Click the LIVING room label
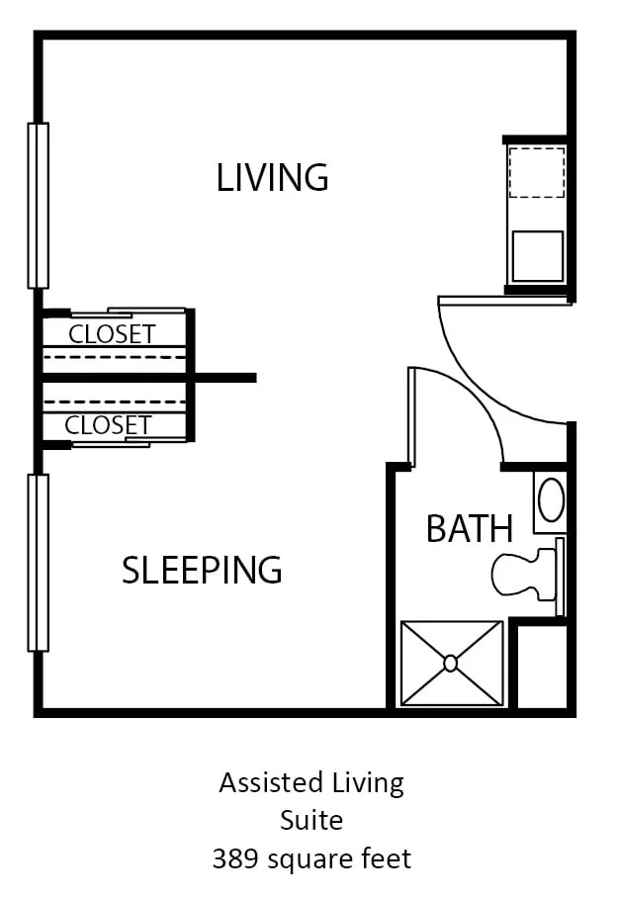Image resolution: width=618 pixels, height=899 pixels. click(272, 177)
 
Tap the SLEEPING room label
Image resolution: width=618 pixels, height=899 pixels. click(202, 570)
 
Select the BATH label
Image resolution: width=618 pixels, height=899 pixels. click(470, 528)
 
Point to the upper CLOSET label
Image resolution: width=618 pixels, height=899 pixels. click(113, 333)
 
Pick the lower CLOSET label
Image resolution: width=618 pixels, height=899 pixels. click(108, 425)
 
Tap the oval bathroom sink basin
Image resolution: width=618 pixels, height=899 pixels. click(552, 500)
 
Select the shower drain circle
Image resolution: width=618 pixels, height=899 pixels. click(451, 664)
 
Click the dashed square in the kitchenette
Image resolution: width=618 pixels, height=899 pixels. click(537, 172)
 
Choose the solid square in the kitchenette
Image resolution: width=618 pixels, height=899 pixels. click(538, 256)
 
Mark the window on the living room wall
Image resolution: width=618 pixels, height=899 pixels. click(38, 206)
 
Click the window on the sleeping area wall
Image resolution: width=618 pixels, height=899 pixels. click(38, 563)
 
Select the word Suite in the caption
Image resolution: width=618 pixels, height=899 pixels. click(311, 821)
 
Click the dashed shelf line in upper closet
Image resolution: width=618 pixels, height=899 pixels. click(115, 357)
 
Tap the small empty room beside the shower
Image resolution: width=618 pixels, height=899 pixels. click(542, 666)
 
